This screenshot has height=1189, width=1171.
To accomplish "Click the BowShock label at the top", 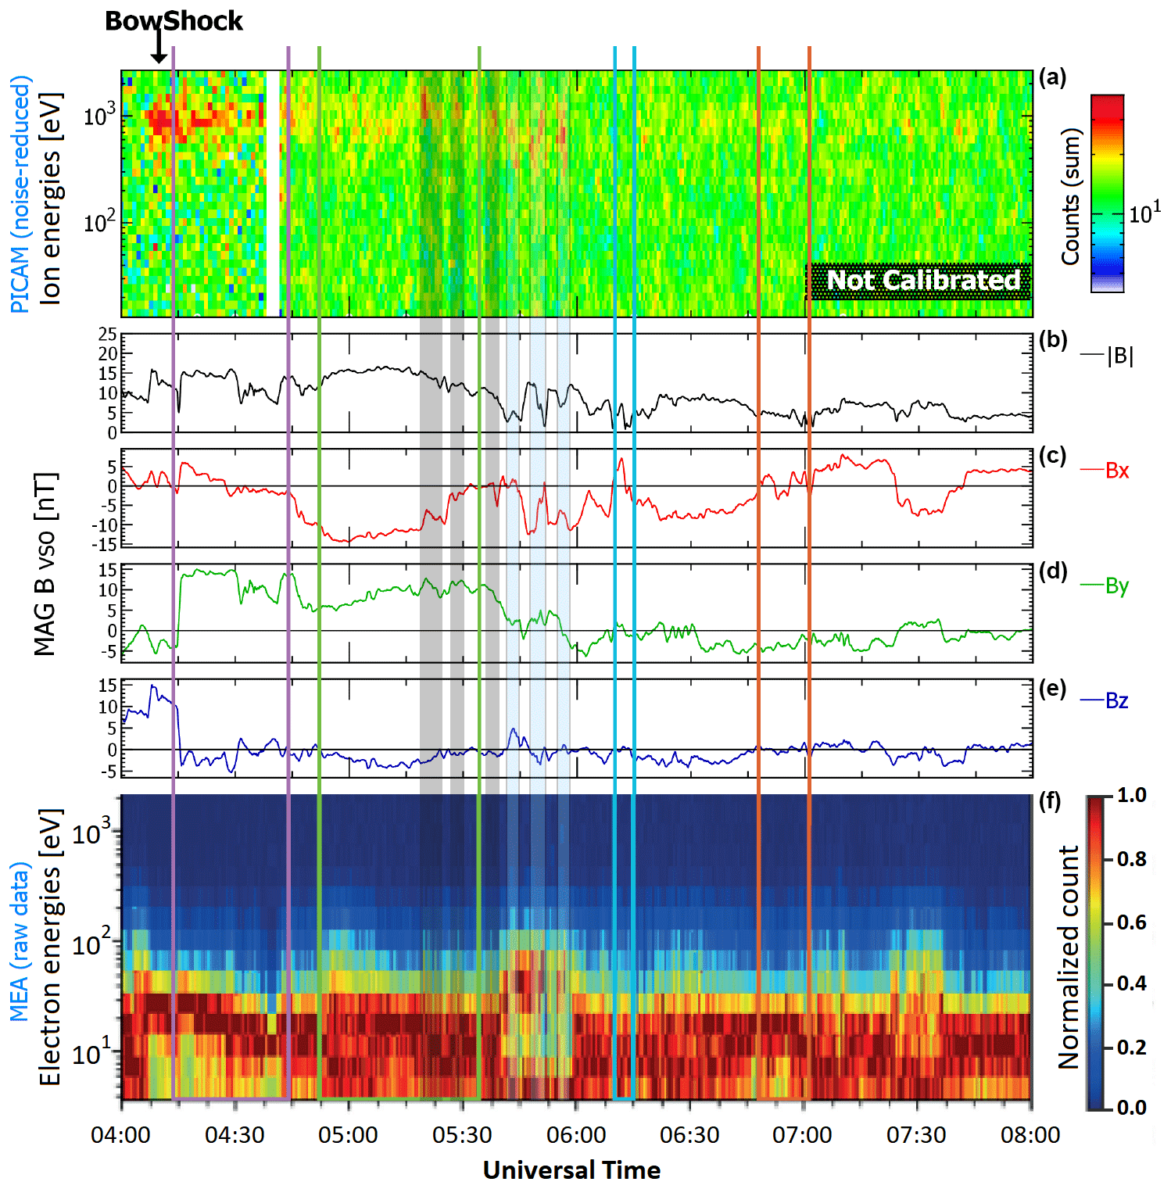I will tap(174, 21).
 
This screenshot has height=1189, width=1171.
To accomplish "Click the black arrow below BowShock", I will tap(159, 47).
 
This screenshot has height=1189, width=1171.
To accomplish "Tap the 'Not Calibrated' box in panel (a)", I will tap(920, 281).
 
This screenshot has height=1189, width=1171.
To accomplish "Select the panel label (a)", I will tap(1052, 77).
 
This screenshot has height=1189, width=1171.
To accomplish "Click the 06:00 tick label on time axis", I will tap(576, 1135).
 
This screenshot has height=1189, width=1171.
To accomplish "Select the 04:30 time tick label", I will tap(235, 1135).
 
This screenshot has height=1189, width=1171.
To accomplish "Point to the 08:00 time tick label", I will tap(1030, 1135).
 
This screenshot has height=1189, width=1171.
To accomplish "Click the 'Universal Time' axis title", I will tap(571, 1170).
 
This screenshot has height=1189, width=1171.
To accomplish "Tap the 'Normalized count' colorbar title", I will tap(1069, 957).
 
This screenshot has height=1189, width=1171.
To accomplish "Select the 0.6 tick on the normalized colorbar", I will tap(1131, 922).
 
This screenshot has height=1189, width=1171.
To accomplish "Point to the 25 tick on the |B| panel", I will tap(107, 335).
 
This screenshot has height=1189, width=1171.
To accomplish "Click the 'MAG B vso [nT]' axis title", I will tap(45, 564).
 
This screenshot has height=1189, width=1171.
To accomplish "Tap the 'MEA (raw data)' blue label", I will tap(20, 942).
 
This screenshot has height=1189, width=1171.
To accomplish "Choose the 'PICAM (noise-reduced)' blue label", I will tap(20, 194).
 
